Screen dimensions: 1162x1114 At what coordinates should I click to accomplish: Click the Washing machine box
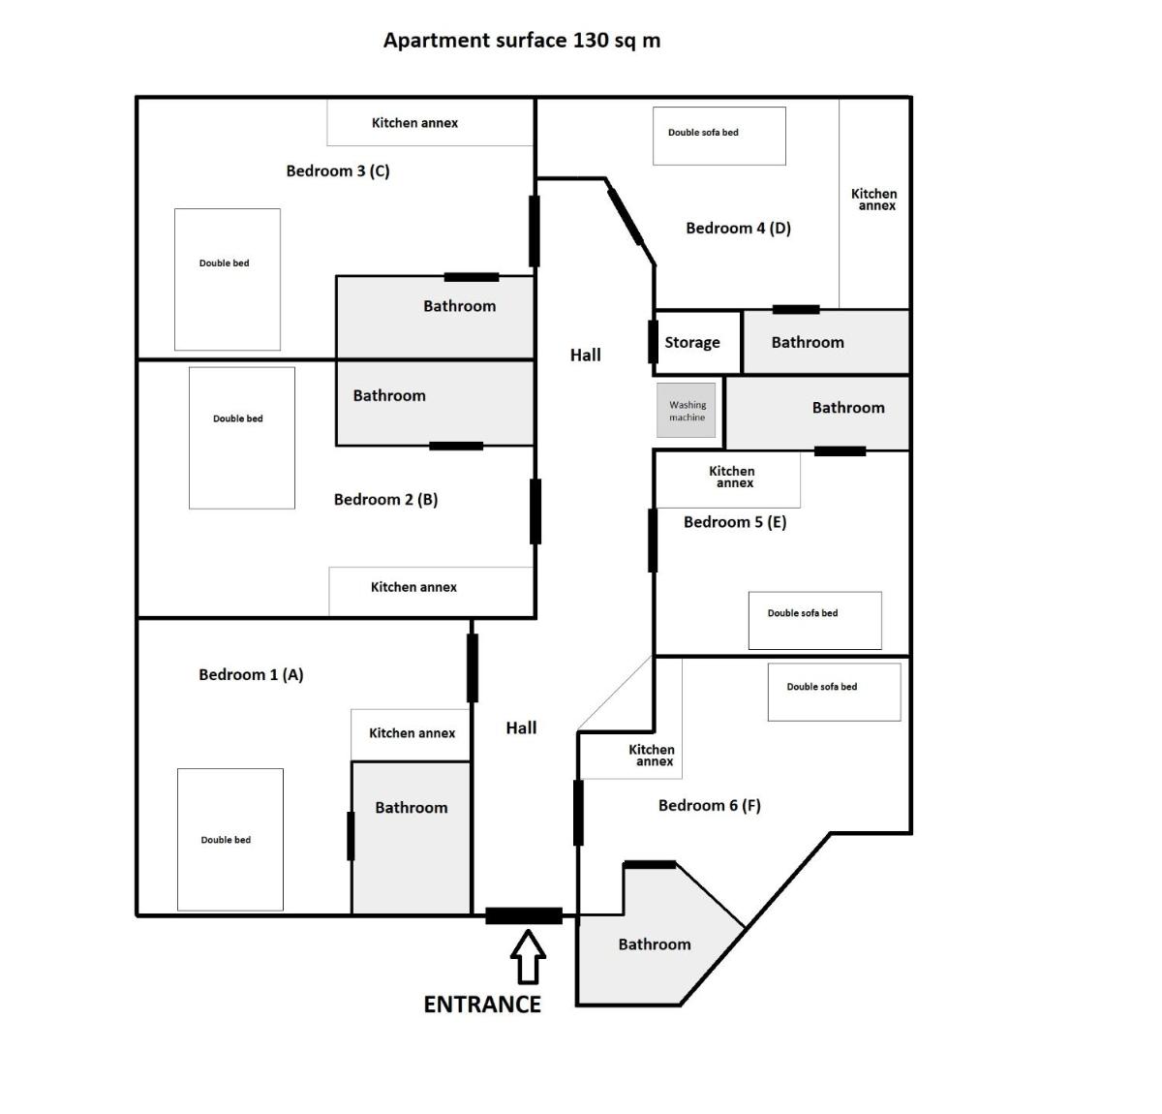coord(686,410)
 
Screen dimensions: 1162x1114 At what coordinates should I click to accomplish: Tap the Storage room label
coord(692,342)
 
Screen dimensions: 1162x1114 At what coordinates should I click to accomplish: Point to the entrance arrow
coord(528,956)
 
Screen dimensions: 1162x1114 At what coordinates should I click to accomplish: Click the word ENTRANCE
coord(482,1005)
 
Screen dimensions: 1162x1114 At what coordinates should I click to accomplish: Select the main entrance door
coord(524,915)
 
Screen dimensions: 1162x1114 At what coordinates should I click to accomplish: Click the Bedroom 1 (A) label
coord(251,674)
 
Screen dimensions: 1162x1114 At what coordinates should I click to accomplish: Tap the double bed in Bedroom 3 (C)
coord(227,279)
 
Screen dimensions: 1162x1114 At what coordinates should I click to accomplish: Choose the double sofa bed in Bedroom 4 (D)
coord(719,136)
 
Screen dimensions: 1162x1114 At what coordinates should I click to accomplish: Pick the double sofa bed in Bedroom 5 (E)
coord(814,620)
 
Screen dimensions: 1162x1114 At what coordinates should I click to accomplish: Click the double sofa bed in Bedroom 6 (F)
coord(834,692)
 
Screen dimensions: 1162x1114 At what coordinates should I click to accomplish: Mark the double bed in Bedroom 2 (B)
coord(242,438)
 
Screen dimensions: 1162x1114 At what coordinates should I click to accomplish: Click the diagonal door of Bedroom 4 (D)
coord(626,216)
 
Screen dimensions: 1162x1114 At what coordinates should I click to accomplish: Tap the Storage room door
coord(653,342)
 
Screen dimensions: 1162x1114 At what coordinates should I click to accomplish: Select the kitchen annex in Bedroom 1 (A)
coord(411,734)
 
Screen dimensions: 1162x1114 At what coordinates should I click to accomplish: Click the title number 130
coord(591,40)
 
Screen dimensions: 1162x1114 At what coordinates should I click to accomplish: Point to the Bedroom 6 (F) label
coord(710,805)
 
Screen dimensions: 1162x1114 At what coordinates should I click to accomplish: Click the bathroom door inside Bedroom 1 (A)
coord(351,836)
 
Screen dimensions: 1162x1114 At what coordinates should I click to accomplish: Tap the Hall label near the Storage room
coord(585,355)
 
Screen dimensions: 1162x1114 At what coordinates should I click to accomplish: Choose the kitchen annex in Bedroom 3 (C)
coord(429,122)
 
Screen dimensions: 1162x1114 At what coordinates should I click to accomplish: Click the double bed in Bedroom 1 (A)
coord(229,839)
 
